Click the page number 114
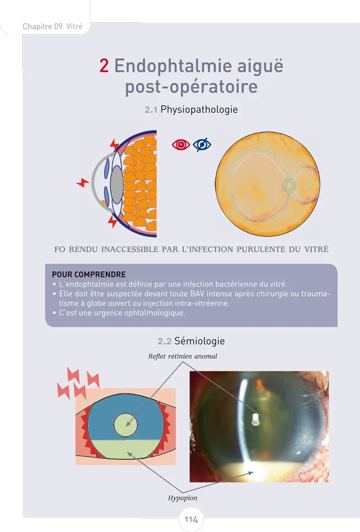[191, 520]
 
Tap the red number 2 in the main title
[104, 66]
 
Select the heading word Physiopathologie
[199, 110]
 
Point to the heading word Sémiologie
[200, 341]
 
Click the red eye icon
[181, 145]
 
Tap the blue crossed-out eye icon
[202, 145]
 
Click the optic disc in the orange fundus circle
[288, 184]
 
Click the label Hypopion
[183, 498]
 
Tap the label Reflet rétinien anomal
[183, 356]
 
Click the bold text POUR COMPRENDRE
[89, 274]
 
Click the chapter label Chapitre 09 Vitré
[53, 26]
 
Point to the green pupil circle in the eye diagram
[126, 425]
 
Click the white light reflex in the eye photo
[255, 419]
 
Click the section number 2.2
[164, 341]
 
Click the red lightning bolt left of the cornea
[82, 182]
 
